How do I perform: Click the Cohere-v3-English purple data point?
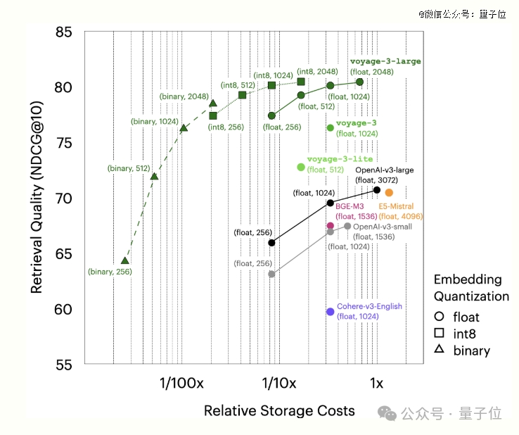(331, 312)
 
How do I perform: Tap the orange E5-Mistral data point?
(389, 193)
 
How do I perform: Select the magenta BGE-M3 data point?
(331, 226)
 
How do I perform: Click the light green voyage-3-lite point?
(301, 167)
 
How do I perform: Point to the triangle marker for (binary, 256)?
(125, 261)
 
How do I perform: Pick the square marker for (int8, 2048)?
(301, 82)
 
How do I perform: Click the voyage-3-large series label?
(385, 62)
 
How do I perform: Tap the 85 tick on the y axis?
(64, 32)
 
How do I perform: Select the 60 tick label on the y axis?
(64, 310)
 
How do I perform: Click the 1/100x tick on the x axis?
(181, 384)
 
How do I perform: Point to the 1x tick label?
(376, 384)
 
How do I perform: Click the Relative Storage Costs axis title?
(279, 410)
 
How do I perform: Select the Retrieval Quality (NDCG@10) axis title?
(37, 198)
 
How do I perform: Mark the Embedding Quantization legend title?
(470, 288)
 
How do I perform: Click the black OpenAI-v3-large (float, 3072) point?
(377, 190)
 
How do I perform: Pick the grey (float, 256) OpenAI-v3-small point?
(271, 274)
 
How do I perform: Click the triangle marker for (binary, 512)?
(154, 175)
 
